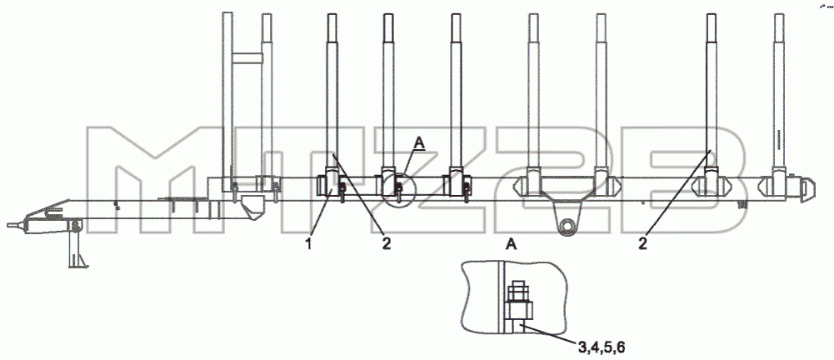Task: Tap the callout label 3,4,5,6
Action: point(602,348)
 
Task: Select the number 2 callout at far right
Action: point(643,245)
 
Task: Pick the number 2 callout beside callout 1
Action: point(386,245)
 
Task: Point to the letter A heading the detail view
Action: point(512,245)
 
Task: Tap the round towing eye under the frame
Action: point(568,225)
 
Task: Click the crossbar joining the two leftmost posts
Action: point(247,57)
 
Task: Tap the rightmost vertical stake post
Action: point(779,96)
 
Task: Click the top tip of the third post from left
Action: point(332,14)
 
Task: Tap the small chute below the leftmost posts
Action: point(252,207)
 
